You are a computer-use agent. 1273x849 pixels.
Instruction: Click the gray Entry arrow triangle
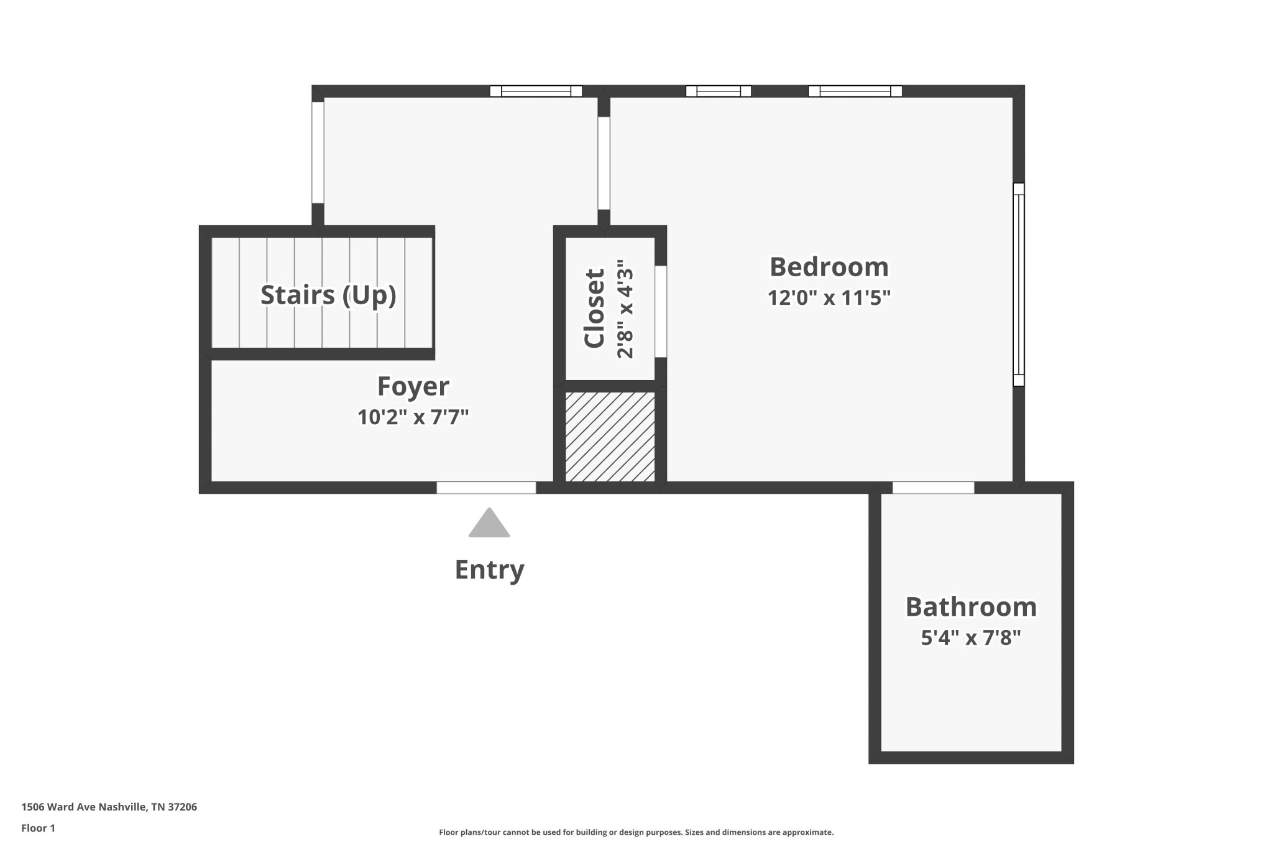click(x=489, y=522)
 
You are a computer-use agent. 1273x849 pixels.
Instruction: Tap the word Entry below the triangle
click(x=490, y=570)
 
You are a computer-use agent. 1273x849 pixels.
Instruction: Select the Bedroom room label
click(x=829, y=267)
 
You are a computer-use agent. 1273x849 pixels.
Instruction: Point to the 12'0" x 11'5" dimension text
click(x=829, y=298)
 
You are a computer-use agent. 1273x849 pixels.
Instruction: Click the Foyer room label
click(x=413, y=386)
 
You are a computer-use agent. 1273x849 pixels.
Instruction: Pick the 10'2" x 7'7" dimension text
click(x=413, y=417)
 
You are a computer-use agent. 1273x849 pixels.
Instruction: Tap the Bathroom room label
click(x=971, y=607)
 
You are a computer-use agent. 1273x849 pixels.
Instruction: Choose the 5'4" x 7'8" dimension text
click(x=971, y=638)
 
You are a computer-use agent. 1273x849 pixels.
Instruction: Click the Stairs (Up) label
click(x=328, y=295)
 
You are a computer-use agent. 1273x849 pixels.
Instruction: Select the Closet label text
click(x=594, y=309)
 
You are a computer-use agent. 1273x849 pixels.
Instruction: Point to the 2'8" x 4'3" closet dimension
click(x=625, y=309)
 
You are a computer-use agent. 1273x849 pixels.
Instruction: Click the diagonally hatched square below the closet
click(x=610, y=437)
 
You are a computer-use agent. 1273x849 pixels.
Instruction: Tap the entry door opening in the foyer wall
click(x=486, y=488)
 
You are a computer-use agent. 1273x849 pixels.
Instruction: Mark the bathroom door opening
click(x=934, y=488)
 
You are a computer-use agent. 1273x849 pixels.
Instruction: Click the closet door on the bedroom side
click(x=661, y=312)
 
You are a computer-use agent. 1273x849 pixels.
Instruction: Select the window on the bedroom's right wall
click(x=1018, y=284)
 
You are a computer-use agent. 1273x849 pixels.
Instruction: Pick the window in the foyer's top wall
click(x=536, y=91)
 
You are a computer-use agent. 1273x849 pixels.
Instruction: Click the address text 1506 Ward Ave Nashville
click(x=109, y=807)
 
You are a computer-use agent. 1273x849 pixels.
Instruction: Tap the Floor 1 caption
click(x=39, y=828)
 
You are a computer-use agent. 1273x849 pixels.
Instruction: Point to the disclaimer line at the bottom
click(x=636, y=832)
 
